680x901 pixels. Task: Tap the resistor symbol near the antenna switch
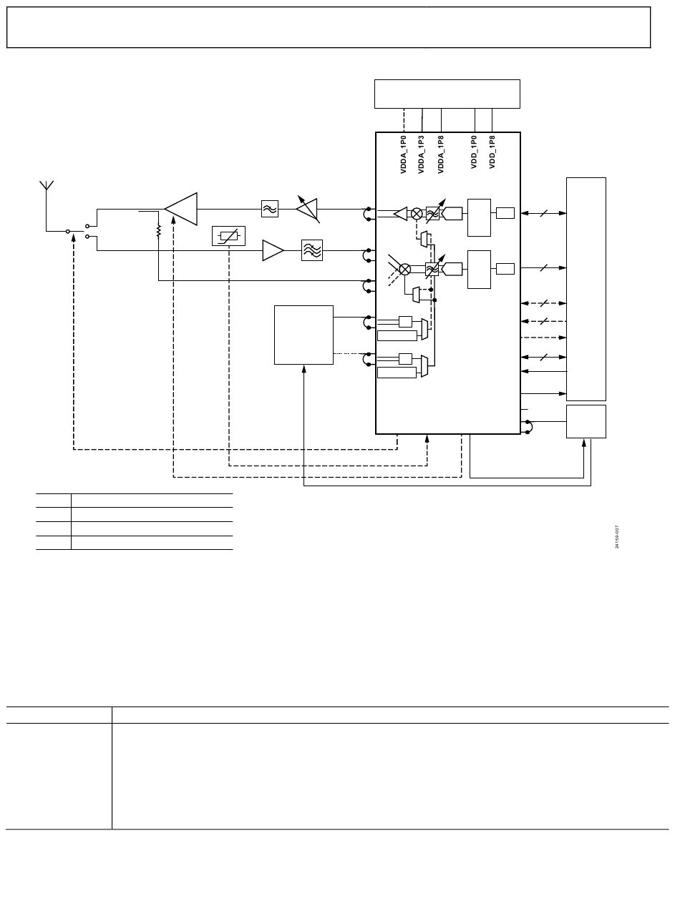tap(158, 231)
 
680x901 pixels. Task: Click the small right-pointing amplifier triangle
tap(273, 251)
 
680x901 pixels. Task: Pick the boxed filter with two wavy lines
tap(269, 209)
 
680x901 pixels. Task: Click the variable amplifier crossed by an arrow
tap(308, 208)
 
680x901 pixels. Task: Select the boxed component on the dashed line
tap(229, 235)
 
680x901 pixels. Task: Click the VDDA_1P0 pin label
tap(403, 154)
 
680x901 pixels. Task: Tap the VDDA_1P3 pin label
tap(422, 154)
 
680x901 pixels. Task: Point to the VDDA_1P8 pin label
tap(441, 154)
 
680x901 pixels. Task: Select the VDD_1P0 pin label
tap(475, 152)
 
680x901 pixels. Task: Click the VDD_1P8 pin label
tap(492, 152)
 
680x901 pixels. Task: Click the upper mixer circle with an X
tap(417, 213)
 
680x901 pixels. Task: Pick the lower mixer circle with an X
tap(404, 269)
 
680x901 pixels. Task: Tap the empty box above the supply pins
tap(447, 94)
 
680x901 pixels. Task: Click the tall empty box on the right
tap(586, 289)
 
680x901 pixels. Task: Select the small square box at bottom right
tap(586, 421)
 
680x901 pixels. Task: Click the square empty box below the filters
tap(303, 335)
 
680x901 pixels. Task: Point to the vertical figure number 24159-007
tap(617, 537)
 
